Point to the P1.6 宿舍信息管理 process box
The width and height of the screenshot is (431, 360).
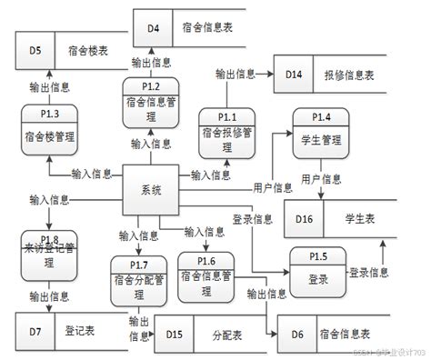click(207, 277)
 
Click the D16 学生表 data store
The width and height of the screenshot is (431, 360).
click(334, 218)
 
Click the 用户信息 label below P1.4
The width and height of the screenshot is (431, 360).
click(321, 178)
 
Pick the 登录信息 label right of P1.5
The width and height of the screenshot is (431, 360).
click(369, 272)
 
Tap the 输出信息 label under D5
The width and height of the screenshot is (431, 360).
click(49, 87)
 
